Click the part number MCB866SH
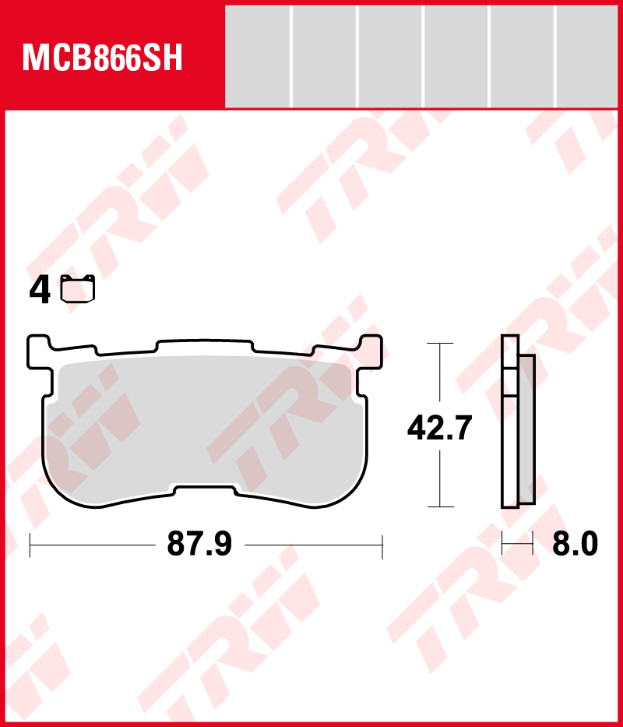coord(103,58)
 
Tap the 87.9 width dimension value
coord(199,545)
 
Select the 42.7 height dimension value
coord(439,428)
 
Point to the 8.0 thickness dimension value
coord(575,545)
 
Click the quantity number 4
coord(40,291)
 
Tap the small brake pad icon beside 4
coord(78,288)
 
